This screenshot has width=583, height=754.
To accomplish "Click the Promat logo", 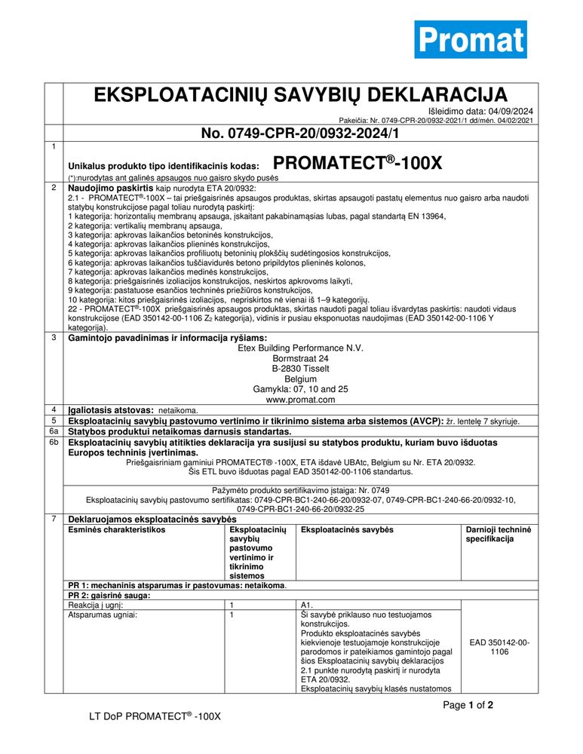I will coord(471,39).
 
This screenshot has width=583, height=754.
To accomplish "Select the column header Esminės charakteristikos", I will coord(117,530).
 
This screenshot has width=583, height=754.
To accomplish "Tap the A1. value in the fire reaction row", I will coord(306,605).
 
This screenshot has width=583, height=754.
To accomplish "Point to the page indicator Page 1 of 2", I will coord(468,706).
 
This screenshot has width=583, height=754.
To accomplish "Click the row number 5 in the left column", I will coord(54,420).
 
